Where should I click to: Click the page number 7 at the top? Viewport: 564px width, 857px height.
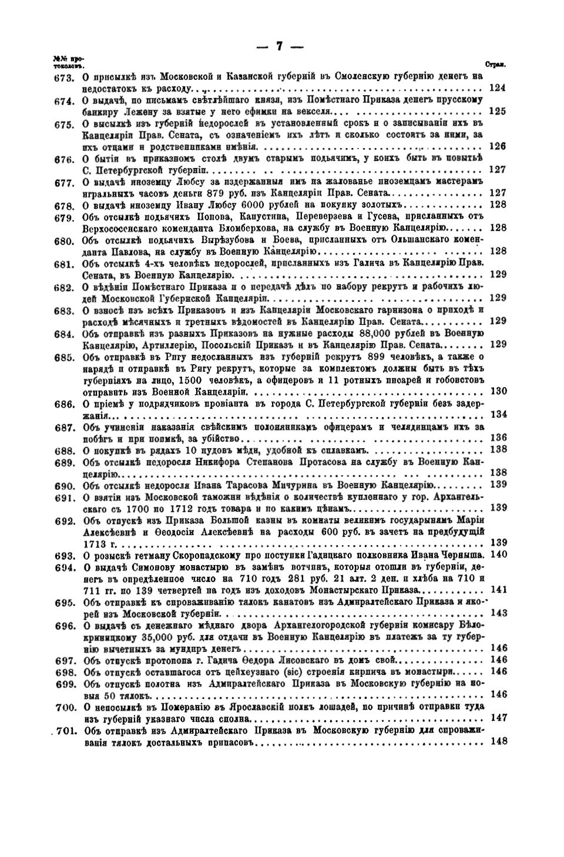280,46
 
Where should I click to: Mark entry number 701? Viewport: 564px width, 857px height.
63,731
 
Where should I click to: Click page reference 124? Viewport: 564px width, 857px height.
498,88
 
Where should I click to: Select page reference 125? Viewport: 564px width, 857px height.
498,111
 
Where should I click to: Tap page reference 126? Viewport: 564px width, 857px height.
498,146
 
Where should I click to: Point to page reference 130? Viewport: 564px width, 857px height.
498,391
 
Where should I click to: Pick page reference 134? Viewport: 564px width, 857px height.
498,415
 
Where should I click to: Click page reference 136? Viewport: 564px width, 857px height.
498,438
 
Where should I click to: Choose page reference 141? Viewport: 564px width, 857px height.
498,589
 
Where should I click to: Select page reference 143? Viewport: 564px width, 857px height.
498,613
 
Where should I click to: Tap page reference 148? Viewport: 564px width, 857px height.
498,741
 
